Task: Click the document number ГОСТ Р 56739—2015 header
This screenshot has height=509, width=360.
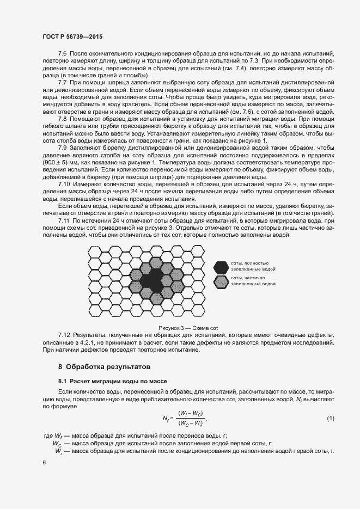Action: click(x=72, y=36)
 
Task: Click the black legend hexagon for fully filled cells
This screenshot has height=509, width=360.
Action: click(x=221, y=267)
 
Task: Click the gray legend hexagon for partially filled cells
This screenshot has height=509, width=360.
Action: click(x=221, y=281)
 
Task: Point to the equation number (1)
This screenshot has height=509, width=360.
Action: click(x=330, y=418)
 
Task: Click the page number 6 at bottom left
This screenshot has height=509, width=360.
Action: click(x=44, y=462)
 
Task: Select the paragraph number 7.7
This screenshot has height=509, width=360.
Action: click(x=62, y=82)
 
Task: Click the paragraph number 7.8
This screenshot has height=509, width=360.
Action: click(x=62, y=117)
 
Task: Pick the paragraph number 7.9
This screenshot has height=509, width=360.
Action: click(x=62, y=148)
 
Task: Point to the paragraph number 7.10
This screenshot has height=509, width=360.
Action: click(x=64, y=185)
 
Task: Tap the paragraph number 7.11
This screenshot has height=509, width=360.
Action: click(x=64, y=220)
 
